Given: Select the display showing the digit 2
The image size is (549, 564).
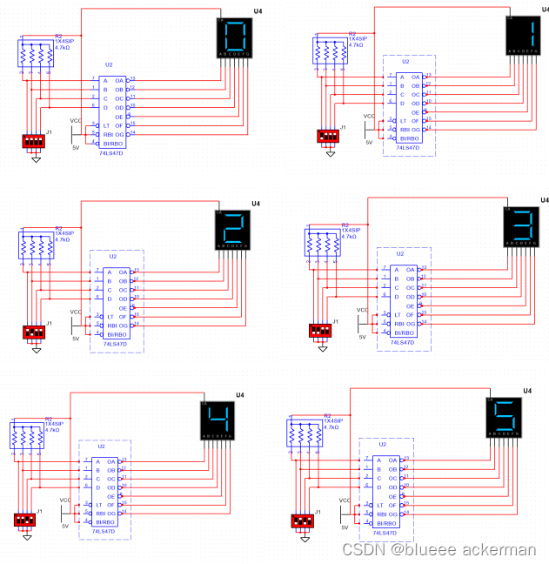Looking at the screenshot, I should tap(232, 231).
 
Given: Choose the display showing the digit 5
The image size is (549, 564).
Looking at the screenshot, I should tap(504, 415).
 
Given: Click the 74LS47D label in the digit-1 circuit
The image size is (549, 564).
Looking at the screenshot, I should tap(406, 148).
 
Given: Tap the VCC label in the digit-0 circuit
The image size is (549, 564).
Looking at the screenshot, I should tap(76, 120).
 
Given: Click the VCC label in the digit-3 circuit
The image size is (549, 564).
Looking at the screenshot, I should tap(362, 311).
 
